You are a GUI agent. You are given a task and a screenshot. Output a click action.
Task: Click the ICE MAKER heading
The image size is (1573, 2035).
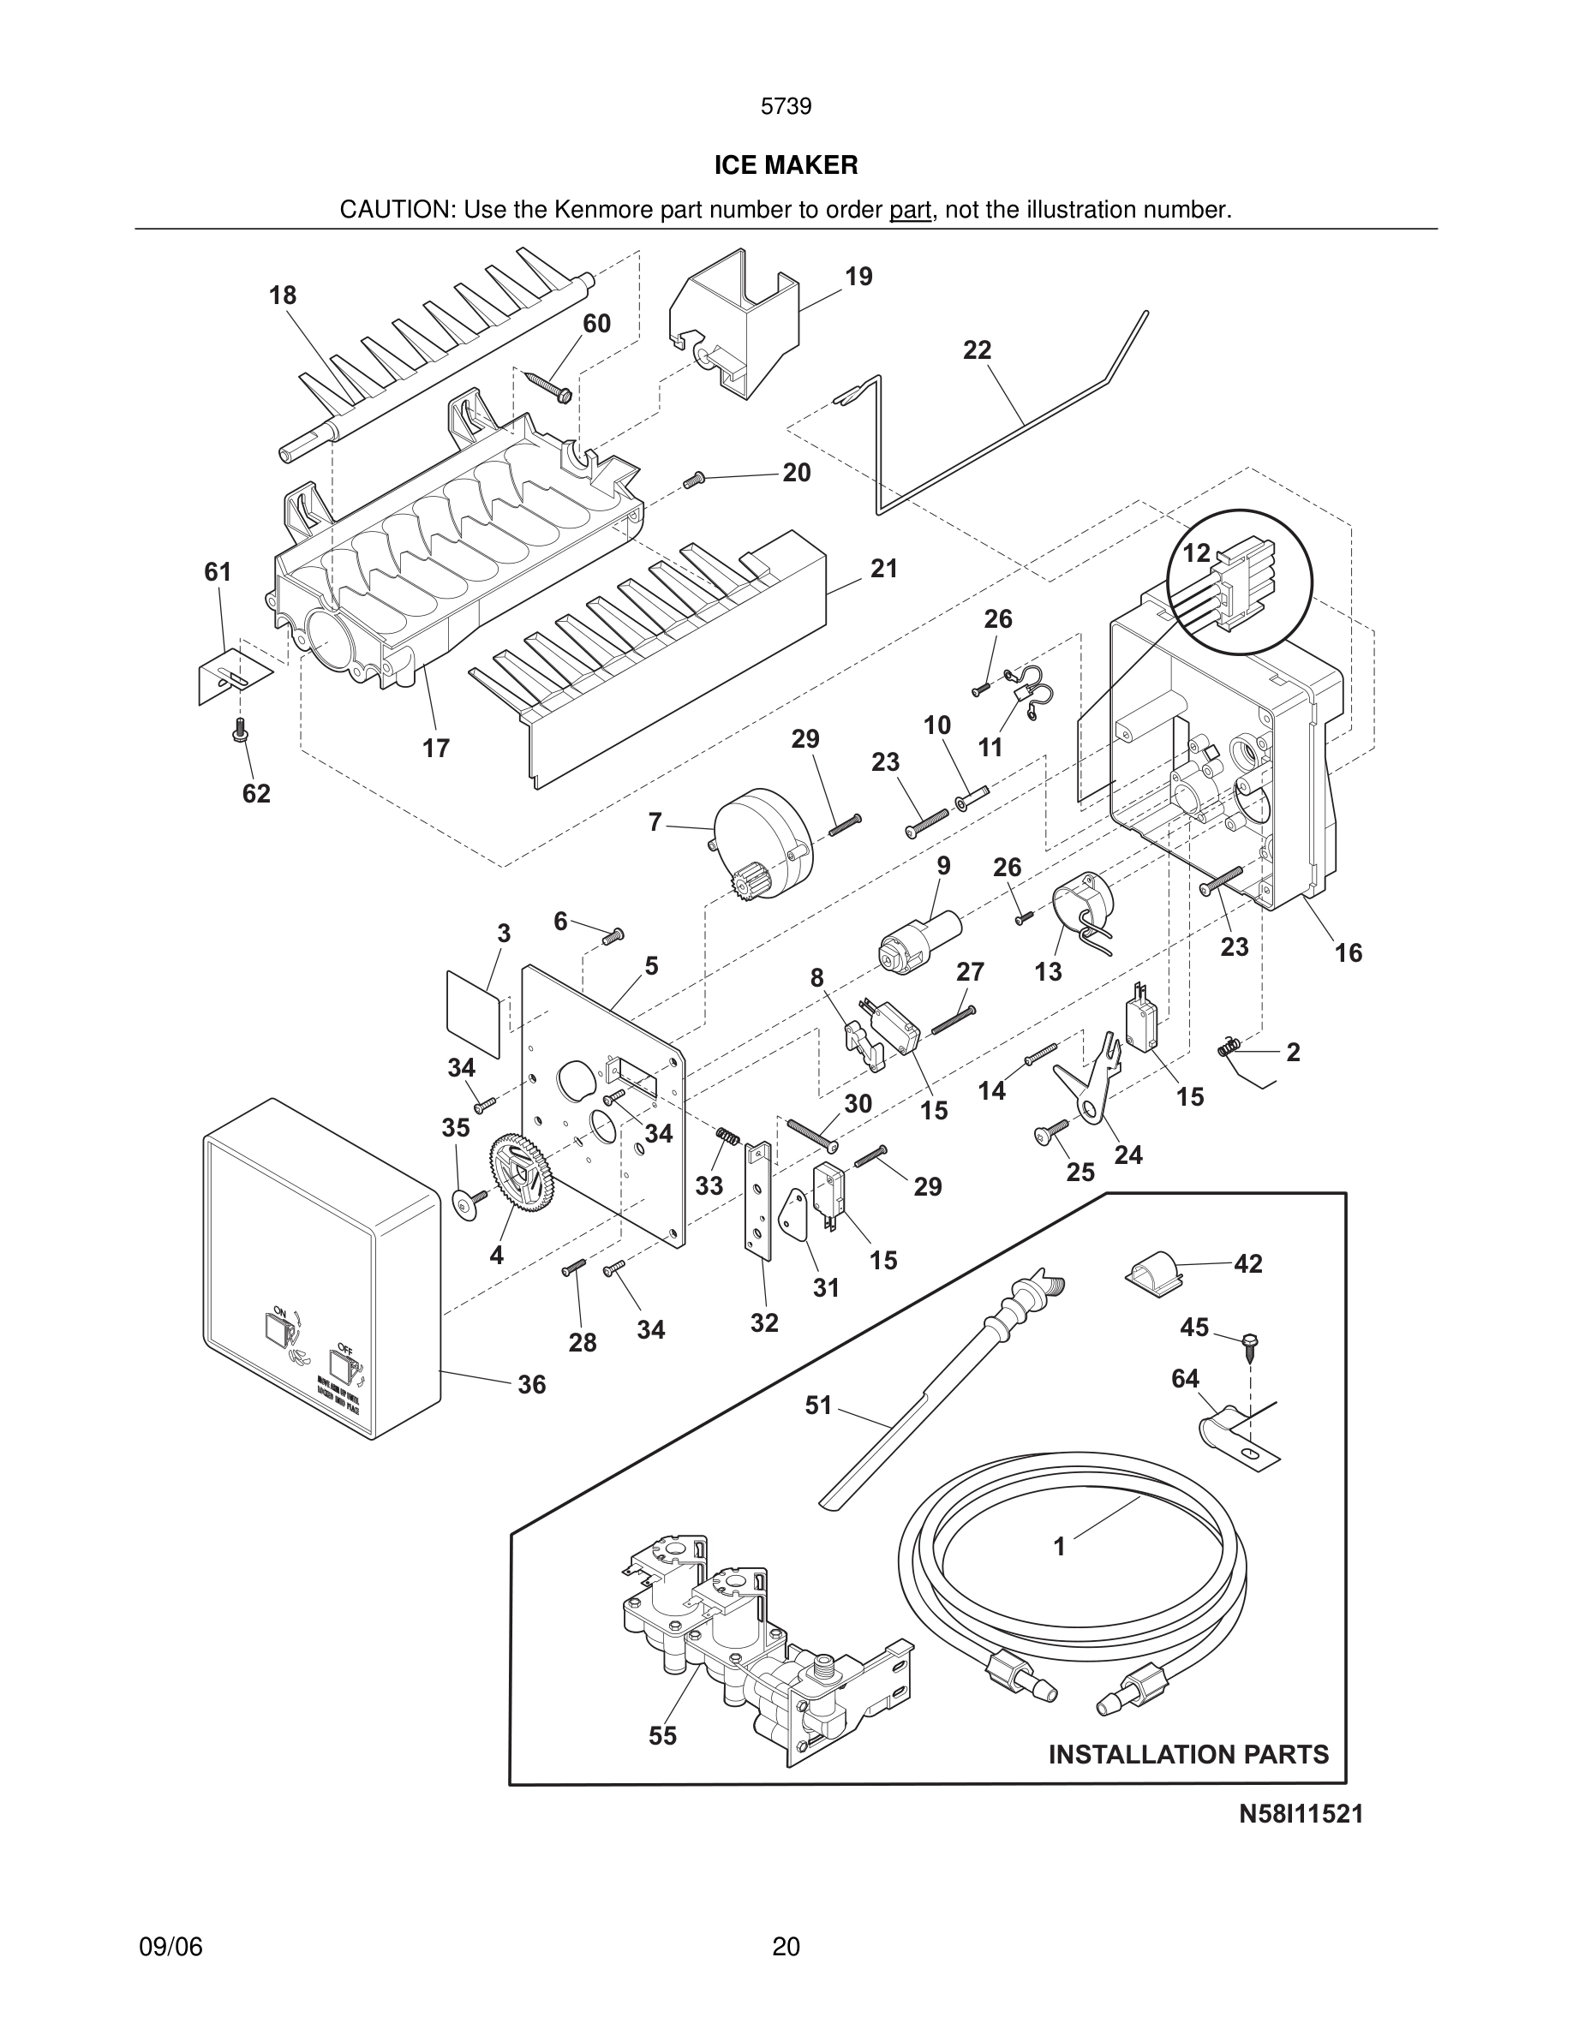(x=786, y=165)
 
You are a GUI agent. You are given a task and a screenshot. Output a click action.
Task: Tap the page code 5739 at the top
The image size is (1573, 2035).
(x=786, y=106)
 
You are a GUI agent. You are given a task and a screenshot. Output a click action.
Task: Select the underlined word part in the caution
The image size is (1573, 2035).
(x=910, y=210)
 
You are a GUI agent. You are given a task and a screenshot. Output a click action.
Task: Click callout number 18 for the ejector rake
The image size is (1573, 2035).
(x=283, y=295)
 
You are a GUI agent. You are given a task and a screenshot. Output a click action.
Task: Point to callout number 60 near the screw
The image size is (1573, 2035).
(x=596, y=324)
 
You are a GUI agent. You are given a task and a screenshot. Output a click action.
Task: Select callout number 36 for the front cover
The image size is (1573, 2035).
(x=531, y=1385)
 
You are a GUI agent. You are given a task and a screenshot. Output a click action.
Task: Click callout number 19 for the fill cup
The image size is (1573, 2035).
(x=858, y=277)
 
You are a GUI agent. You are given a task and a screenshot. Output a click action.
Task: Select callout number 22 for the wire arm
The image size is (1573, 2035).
(x=977, y=350)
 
